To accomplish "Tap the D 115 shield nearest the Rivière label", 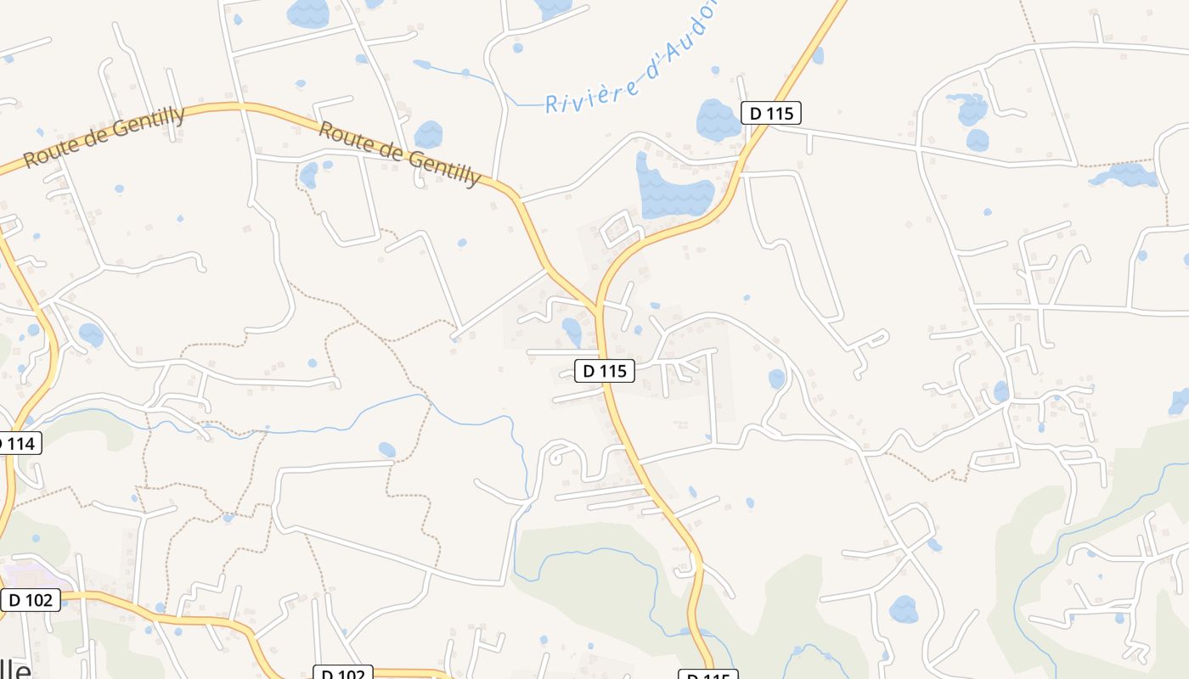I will point(771,113).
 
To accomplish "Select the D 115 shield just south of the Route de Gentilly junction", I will point(605,371).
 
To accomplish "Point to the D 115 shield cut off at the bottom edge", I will point(707,675).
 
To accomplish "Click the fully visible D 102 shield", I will point(31,600).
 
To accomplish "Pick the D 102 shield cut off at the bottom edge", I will point(342,673).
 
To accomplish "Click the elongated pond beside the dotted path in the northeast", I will point(1125,175).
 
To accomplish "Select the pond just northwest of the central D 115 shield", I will point(572,330).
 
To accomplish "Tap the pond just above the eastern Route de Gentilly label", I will point(428,134).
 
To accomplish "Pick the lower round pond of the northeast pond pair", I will point(978,140).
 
